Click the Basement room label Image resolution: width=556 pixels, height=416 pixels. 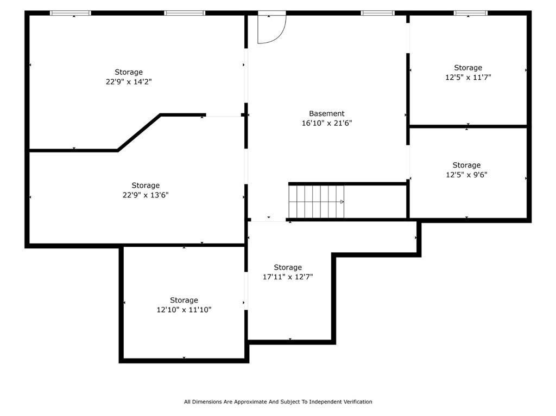coord(326,113)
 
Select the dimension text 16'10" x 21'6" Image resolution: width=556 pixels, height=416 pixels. coord(326,123)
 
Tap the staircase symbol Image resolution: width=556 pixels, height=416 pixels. coord(316,201)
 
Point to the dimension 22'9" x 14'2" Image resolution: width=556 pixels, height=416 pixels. coord(129,82)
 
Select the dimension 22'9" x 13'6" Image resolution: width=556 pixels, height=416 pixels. coord(146,195)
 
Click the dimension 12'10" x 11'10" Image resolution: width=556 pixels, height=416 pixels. coord(184,310)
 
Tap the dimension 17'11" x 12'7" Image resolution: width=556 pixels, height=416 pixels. coord(287,277)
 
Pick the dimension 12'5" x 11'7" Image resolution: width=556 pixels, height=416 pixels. coord(467,78)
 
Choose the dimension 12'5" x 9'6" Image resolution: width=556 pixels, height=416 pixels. coord(466,175)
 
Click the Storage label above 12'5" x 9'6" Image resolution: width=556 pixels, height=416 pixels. coord(466,165)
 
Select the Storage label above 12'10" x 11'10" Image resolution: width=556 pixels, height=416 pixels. coord(184,300)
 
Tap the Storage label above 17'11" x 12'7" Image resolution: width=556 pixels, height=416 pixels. coord(287,267)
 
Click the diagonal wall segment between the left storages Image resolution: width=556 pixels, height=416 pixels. coord(139,132)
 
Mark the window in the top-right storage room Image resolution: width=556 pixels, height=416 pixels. coord(470,13)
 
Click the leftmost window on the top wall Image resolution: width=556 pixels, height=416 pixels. coord(70,13)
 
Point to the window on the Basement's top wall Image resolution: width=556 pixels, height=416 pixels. coord(377,13)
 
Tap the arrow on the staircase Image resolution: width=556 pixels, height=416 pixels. coord(342,202)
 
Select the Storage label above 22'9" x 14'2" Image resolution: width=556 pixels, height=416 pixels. coord(129,72)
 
